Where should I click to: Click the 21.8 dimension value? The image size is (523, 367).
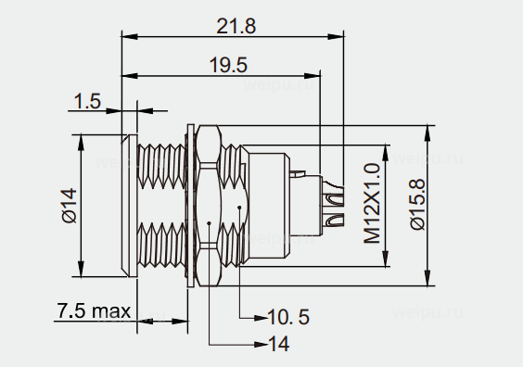point(236,26)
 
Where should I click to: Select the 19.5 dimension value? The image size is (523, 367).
point(228,65)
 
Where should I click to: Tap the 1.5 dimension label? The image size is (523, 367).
point(87,101)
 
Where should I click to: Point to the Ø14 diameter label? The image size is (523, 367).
point(69,206)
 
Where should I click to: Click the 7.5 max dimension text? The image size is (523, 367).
point(94,310)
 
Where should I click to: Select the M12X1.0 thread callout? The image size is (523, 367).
point(372,203)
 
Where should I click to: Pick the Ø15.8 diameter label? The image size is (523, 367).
point(417,204)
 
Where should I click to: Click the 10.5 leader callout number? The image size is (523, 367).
point(288,317)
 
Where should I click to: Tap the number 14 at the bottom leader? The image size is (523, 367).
point(279,344)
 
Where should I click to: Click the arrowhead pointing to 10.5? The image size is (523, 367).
point(261,318)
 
